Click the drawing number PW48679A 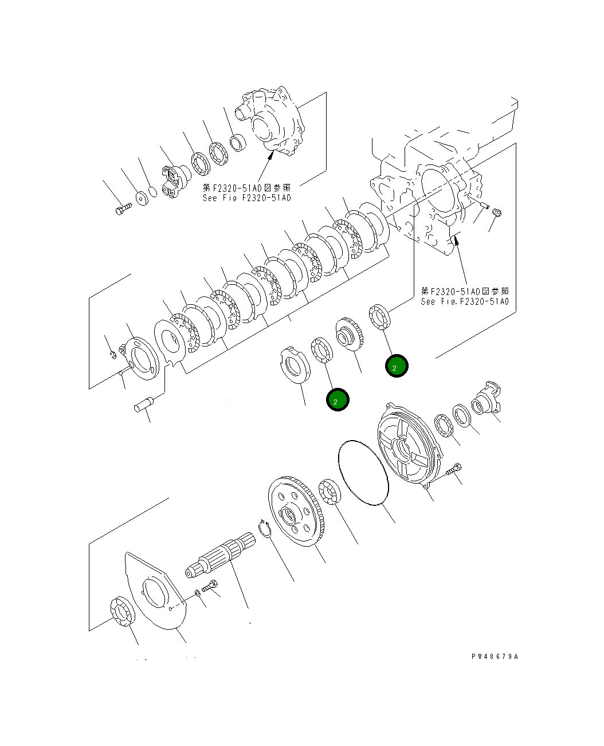click(x=495, y=657)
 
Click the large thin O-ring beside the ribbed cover click(x=363, y=473)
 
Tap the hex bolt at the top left click(x=123, y=210)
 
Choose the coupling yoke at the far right click(x=487, y=400)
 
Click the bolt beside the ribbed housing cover click(x=452, y=470)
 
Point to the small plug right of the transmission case click(x=497, y=213)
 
